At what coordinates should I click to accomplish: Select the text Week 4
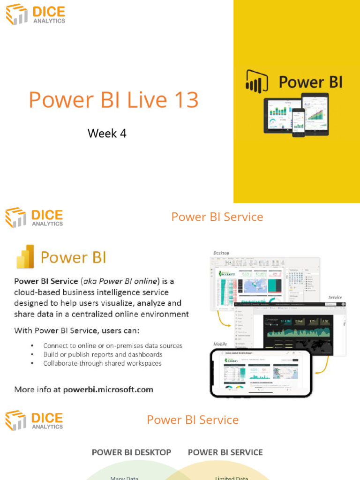tap(107, 134)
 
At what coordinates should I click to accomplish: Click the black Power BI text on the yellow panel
tap(310, 82)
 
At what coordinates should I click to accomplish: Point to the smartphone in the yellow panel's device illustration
tap(299, 122)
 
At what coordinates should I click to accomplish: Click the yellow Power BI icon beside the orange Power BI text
tap(25, 257)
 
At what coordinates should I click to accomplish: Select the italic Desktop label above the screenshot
tap(221, 253)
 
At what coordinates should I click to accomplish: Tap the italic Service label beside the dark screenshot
tap(335, 297)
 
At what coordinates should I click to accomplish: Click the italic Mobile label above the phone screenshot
tap(220, 344)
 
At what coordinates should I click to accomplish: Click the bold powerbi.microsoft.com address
tap(108, 389)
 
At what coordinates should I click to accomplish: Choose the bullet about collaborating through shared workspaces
tap(102, 363)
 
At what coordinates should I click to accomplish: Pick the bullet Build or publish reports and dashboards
tap(103, 354)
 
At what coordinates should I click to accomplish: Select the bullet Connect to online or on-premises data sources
tap(112, 345)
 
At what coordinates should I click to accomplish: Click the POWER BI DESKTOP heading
tap(131, 452)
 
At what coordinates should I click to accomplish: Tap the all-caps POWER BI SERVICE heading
tap(225, 452)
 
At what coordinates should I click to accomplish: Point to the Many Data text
tap(124, 478)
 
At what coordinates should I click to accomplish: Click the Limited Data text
tap(231, 478)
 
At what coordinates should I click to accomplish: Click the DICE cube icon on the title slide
tap(16, 14)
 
